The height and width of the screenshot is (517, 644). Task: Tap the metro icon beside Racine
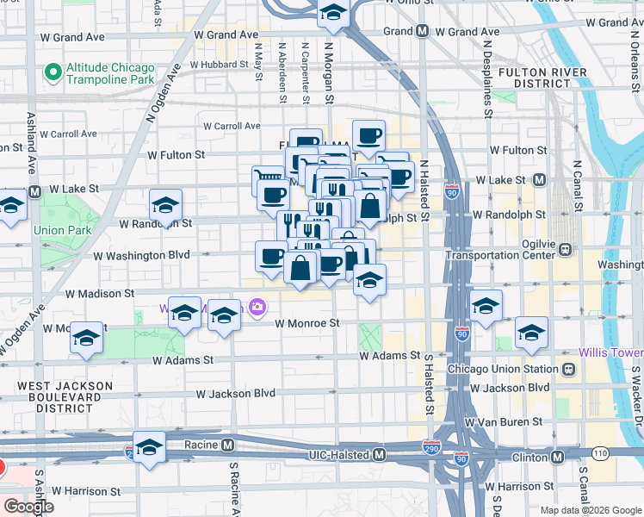click(x=227, y=445)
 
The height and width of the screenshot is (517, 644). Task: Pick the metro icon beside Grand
click(x=422, y=31)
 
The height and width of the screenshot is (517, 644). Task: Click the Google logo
click(x=28, y=506)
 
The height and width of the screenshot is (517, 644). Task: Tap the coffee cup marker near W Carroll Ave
click(x=368, y=136)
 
